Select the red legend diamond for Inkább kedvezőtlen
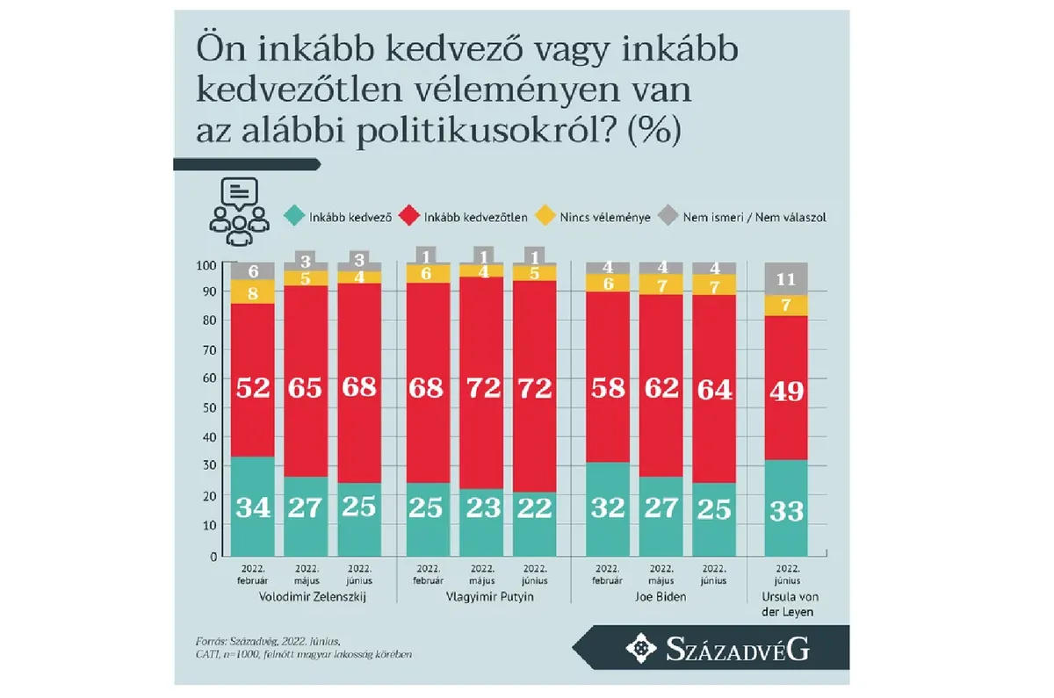click(x=408, y=216)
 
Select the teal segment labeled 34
click(x=249, y=507)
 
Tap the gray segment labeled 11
click(x=786, y=279)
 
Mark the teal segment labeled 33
click(x=786, y=508)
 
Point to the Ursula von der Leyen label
click(x=787, y=602)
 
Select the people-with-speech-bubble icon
click(x=237, y=212)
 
